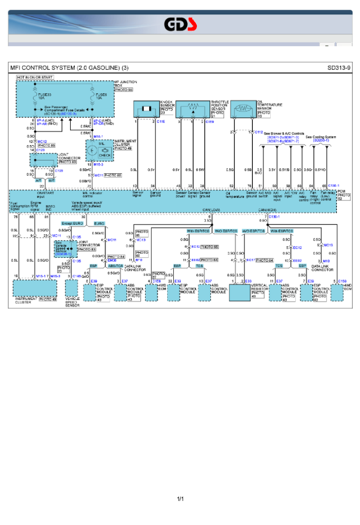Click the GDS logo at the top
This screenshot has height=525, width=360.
pyautogui.click(x=180, y=24)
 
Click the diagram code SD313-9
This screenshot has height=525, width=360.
pyautogui.click(x=339, y=68)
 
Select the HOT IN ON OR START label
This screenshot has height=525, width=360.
pyautogui.click(x=35, y=77)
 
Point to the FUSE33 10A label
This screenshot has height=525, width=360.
pyautogui.click(x=45, y=96)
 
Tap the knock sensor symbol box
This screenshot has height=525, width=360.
pyautogui.click(x=147, y=109)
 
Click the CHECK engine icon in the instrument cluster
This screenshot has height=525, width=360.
pyautogui.click(x=105, y=155)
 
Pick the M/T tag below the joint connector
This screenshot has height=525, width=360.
pyautogui.click(x=51, y=180)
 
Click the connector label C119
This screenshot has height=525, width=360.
pyautogui.click(x=210, y=122)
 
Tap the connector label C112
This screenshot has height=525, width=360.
pyautogui.click(x=259, y=132)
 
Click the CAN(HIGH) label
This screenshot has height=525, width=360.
pyautogui.click(x=268, y=210)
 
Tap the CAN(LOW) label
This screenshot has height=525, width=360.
pyautogui.click(x=211, y=210)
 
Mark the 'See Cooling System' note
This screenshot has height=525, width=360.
pyautogui.click(x=321, y=137)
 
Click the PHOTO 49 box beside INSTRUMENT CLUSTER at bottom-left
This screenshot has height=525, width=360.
pyautogui.click(x=48, y=299)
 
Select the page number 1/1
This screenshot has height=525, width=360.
pyautogui.click(x=180, y=499)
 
